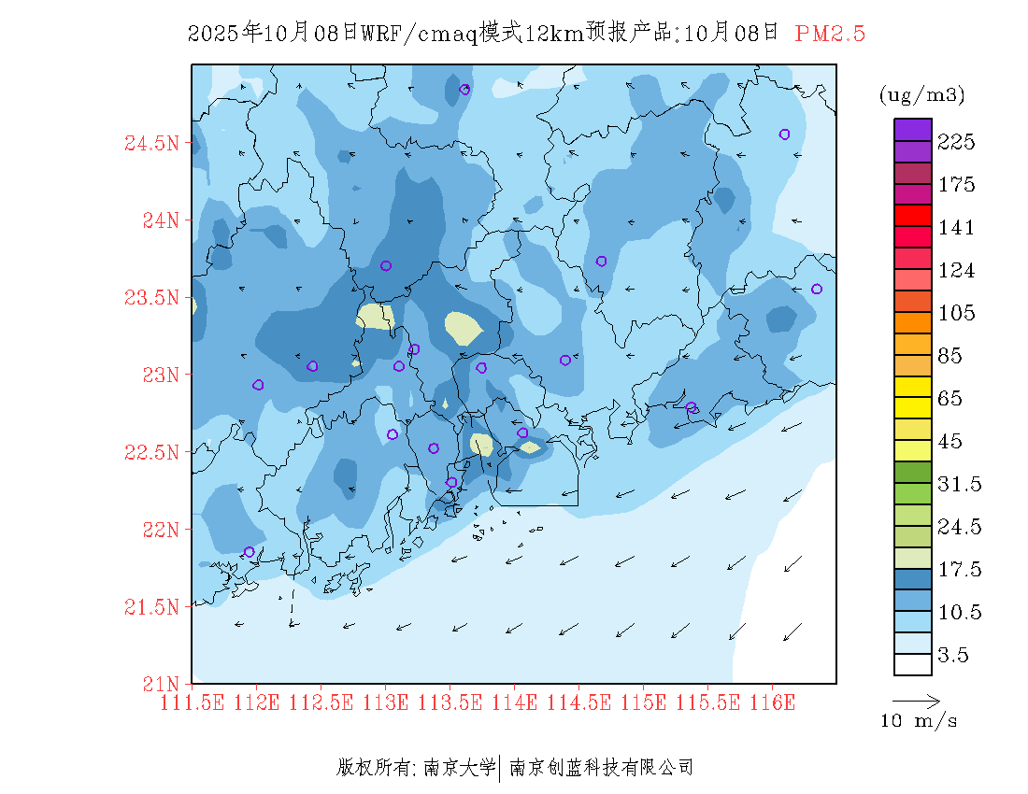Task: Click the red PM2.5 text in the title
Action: [x=830, y=34]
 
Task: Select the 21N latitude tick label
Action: [x=156, y=683]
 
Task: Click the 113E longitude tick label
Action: [x=386, y=702]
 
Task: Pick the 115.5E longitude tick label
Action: [x=707, y=702]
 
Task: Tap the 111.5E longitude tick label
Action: [x=193, y=702]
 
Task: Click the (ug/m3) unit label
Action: [x=922, y=94]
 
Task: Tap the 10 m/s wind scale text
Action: [x=920, y=721]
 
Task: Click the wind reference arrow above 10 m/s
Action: [x=916, y=700]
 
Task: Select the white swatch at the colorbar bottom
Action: [x=913, y=664]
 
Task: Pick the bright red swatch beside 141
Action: [x=913, y=215]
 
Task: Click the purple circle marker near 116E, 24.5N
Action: [x=785, y=135]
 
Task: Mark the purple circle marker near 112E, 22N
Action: [x=250, y=552]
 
